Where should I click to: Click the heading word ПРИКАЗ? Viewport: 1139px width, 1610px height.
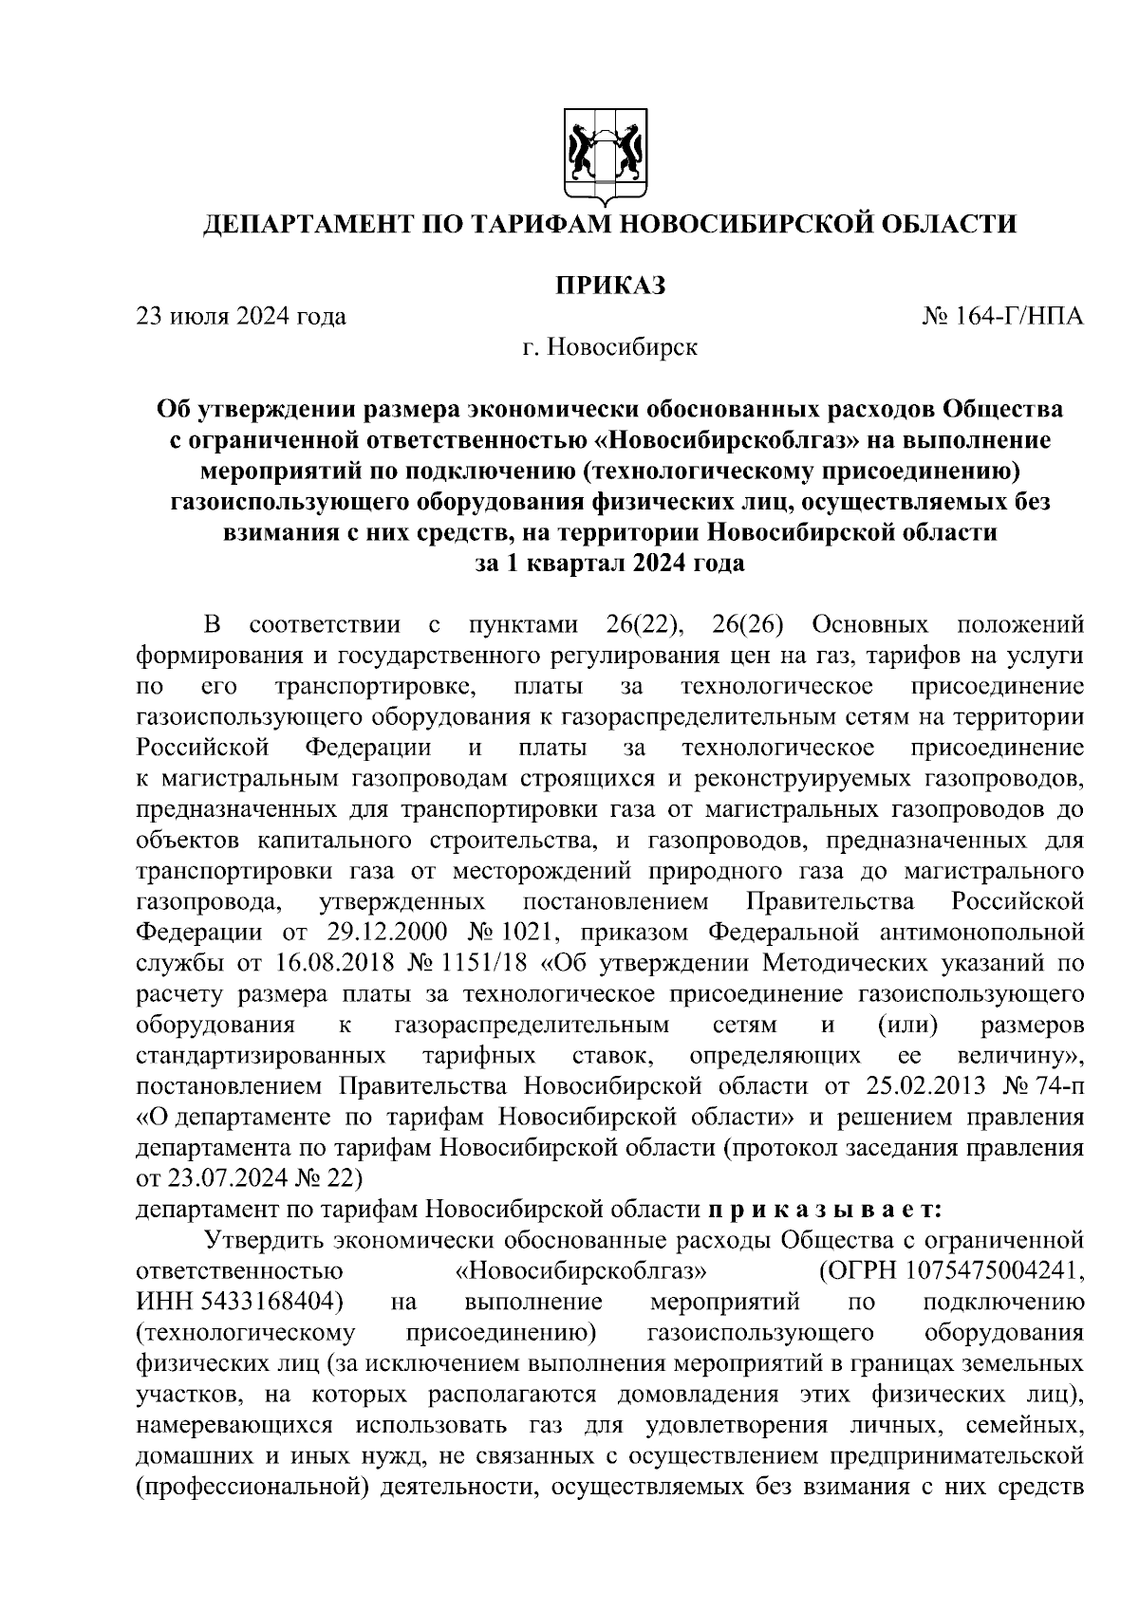pos(609,284)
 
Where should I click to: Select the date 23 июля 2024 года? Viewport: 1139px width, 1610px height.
pos(241,316)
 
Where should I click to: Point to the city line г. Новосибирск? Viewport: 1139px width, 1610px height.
pos(609,347)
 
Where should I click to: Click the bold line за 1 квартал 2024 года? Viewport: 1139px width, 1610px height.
pos(609,564)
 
